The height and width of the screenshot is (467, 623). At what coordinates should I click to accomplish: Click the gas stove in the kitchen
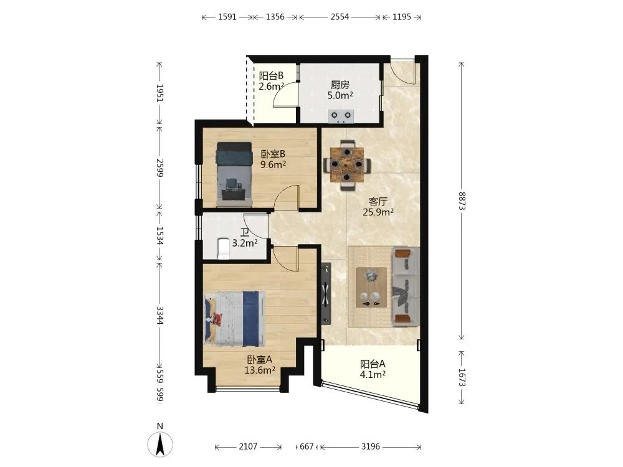coord(341,116)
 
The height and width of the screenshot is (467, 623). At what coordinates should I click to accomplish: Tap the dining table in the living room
coord(347,164)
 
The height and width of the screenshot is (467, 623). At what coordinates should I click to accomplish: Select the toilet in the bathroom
coord(224,248)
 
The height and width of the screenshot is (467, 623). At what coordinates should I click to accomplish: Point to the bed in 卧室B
coord(234,174)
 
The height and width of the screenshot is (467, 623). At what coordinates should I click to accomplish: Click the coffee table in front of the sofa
coord(371,287)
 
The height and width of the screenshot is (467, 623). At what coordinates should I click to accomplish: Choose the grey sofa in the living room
coord(406,286)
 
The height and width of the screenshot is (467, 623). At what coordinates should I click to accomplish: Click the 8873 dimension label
coord(461,201)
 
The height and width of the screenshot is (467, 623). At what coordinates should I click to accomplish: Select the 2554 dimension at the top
coord(340,17)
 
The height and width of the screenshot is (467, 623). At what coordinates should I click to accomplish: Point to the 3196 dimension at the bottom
coord(370,446)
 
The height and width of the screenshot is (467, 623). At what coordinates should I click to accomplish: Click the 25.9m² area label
coord(378,212)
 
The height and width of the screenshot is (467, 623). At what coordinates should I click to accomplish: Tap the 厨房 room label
coord(340,85)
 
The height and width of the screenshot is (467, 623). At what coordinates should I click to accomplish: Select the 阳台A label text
coord(373,364)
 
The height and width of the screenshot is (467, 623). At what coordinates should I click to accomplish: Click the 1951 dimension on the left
coord(159,93)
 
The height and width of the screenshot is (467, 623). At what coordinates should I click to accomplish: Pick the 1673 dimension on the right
coord(461,377)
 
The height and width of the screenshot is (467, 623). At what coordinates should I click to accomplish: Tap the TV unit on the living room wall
coord(326,293)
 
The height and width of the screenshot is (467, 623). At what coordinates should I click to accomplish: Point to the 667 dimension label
coord(307,446)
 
